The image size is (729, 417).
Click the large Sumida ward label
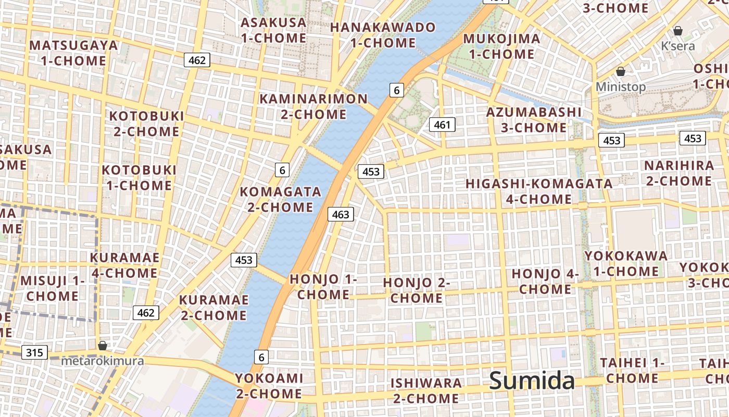click(532, 381)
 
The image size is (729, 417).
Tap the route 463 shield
click(341, 214)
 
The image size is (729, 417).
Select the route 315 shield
click(34, 352)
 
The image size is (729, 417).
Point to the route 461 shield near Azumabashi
click(442, 125)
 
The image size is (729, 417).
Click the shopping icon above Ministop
click(620, 71)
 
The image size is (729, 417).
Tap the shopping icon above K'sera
click(678, 31)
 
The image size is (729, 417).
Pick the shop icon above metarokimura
click(103, 346)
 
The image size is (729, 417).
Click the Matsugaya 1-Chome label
click(73, 53)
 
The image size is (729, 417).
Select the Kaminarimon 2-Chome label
click(313, 106)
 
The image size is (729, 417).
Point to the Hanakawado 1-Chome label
click(383, 35)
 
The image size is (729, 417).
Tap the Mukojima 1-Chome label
click(501, 46)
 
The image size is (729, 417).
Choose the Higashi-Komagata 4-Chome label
click(539, 191)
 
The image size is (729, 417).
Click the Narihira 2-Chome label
click(679, 173)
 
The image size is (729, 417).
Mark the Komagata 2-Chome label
click(280, 199)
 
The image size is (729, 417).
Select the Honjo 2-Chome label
click(417, 290)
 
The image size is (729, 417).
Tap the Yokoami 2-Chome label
click(269, 386)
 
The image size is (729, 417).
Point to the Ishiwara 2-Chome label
click(426, 390)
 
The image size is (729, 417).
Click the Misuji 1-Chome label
click(52, 288)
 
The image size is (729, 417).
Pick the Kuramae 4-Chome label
click(124, 265)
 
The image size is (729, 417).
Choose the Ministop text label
click(621, 87)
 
